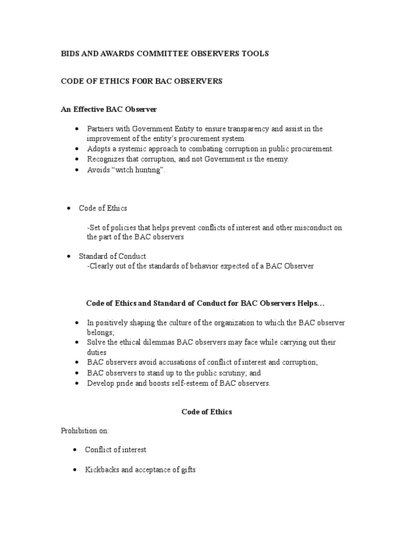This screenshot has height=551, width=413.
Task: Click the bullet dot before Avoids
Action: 77,169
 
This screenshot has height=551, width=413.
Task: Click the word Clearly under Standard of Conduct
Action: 101,266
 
